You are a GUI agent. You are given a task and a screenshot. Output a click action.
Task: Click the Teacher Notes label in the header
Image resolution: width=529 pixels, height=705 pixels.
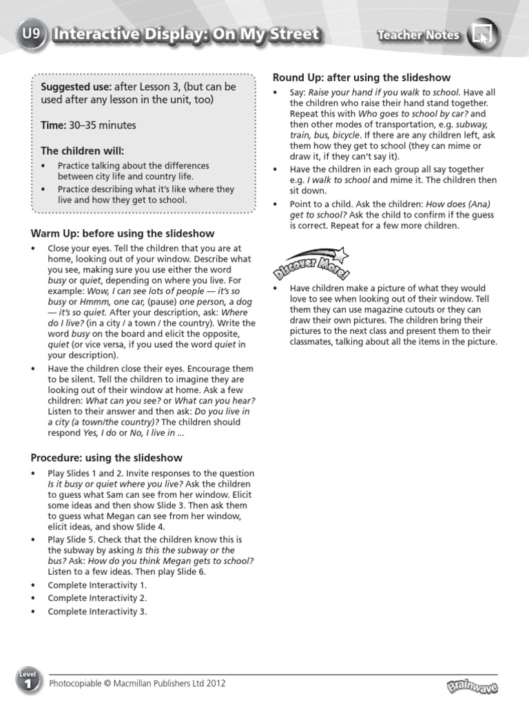(x=418, y=35)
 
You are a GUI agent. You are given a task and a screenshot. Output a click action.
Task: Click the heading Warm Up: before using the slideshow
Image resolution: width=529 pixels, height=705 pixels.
(x=123, y=234)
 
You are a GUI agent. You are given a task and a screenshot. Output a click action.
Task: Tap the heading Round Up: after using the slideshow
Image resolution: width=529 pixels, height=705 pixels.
(x=362, y=78)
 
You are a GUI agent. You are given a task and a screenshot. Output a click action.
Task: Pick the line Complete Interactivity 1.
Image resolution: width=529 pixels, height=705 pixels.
(x=97, y=585)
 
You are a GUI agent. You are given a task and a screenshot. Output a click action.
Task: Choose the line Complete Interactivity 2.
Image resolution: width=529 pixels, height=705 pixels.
(x=97, y=598)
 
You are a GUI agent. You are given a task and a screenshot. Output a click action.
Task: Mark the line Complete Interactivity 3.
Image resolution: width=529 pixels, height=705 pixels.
(x=97, y=611)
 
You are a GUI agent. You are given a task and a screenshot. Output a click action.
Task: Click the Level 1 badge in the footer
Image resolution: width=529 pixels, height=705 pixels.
(x=28, y=682)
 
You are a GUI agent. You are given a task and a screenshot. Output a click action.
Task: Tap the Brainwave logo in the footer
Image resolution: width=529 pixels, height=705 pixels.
(x=472, y=686)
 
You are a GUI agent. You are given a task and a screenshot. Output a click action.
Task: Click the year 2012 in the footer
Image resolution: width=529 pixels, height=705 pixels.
(x=215, y=684)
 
